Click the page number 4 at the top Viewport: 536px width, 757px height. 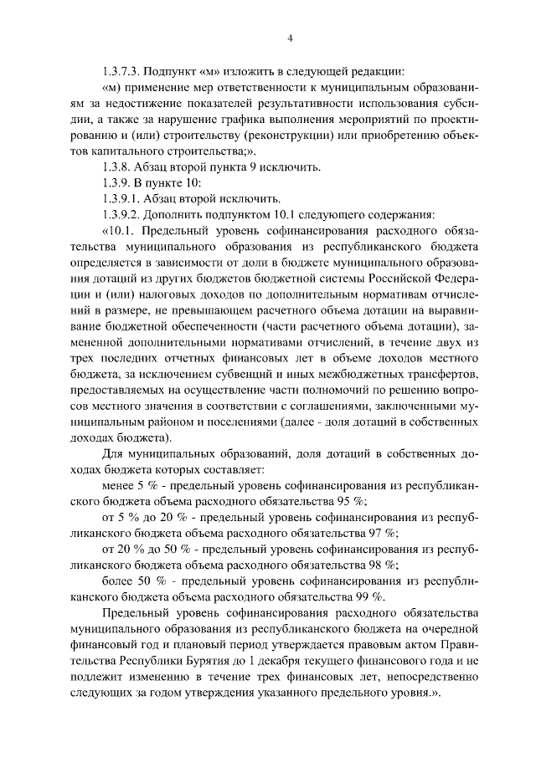click(x=288, y=38)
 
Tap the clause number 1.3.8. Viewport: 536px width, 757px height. click(x=116, y=168)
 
